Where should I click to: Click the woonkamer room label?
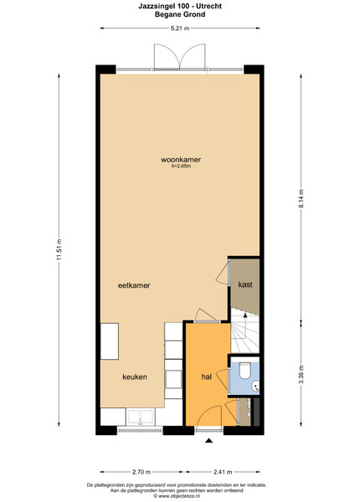(x=181, y=160)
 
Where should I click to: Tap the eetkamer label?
(x=134, y=285)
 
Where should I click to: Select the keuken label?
(x=135, y=376)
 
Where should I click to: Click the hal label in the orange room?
(x=207, y=376)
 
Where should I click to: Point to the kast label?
(x=245, y=284)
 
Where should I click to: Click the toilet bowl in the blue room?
(x=245, y=371)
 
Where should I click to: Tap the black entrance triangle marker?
(x=208, y=441)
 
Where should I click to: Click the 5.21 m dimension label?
(x=180, y=28)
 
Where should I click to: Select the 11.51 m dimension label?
(x=59, y=249)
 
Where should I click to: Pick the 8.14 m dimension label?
(x=301, y=198)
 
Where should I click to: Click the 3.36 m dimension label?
(x=301, y=375)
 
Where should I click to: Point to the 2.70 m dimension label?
(x=141, y=472)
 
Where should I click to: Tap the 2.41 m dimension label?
(x=223, y=472)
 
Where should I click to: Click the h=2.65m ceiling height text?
(x=181, y=166)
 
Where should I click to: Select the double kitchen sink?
(x=141, y=417)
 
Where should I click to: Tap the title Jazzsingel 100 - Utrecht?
(x=180, y=6)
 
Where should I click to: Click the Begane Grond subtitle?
(x=180, y=14)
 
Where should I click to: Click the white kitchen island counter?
(x=110, y=341)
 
